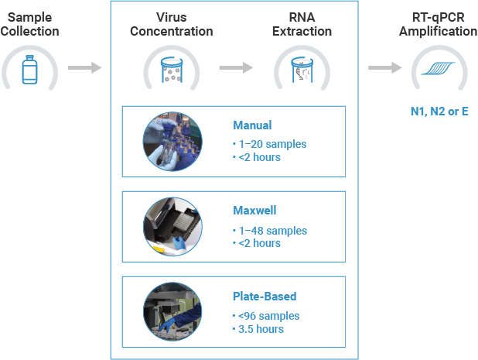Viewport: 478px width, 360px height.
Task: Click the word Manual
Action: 252,125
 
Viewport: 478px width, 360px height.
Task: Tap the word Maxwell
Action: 254,210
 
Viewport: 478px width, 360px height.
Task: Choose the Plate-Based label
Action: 264,296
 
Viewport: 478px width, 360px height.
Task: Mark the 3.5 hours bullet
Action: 260,329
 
